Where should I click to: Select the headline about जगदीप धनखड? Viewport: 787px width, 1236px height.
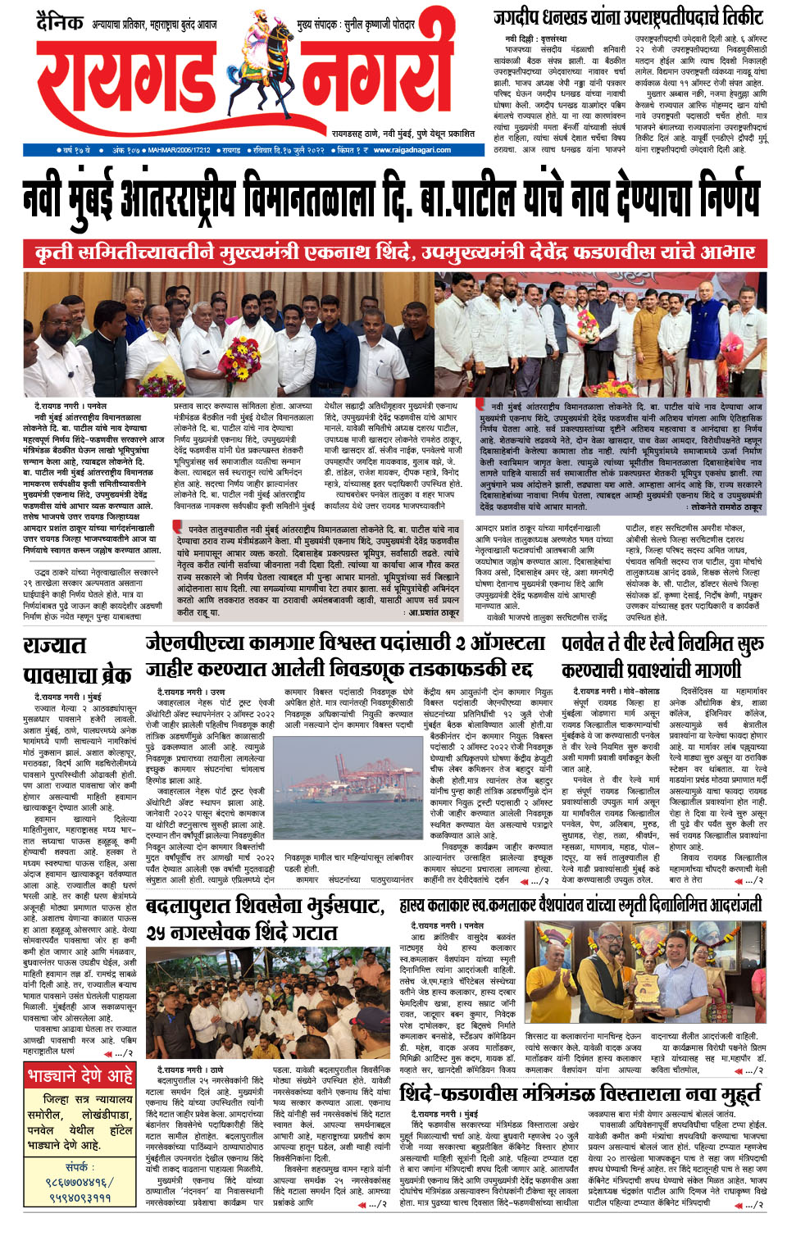point(628,16)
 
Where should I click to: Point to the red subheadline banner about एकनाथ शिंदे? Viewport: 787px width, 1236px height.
point(393,252)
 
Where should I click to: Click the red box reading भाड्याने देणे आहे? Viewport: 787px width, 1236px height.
point(80,1075)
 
